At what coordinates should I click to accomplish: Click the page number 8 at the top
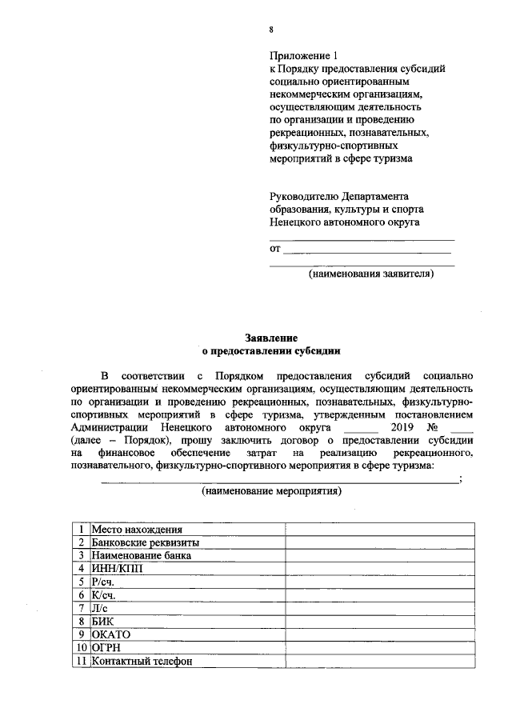(271, 30)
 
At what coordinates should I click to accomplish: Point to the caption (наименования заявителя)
(372, 274)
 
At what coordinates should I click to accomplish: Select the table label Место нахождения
(137, 530)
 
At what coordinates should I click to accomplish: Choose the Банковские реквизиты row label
(145, 542)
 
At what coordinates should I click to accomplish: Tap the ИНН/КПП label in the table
(116, 569)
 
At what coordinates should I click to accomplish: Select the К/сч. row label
(104, 595)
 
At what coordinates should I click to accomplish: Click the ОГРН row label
(106, 647)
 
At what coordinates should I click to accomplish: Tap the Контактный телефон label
(142, 661)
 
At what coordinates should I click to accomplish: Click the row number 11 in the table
(79, 661)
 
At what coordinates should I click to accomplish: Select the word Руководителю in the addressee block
(303, 196)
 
